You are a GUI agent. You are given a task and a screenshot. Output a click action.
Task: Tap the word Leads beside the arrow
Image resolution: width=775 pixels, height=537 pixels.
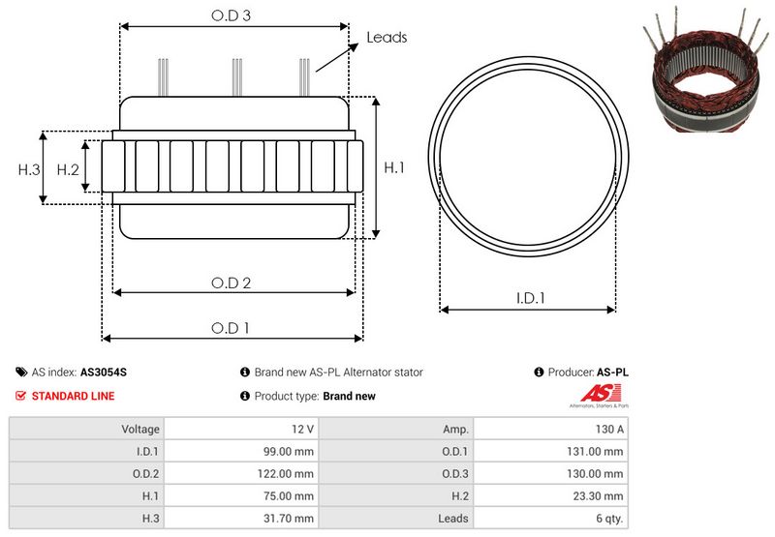387,38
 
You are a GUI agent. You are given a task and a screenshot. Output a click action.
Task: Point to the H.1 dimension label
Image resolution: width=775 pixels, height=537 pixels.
394,168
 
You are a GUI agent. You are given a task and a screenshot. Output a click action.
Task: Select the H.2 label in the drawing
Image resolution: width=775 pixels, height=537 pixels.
68,169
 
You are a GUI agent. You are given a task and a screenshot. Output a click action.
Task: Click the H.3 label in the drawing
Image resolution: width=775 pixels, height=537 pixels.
29,169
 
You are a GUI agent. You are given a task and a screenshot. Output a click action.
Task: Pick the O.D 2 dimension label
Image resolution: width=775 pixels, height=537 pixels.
232,283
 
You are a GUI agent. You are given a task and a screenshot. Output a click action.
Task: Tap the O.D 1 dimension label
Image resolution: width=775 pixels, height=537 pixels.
231,328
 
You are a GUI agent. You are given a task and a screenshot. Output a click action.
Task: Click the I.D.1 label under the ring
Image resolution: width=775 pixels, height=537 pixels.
529,299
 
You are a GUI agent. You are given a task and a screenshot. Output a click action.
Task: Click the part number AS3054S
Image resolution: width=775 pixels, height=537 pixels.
103,372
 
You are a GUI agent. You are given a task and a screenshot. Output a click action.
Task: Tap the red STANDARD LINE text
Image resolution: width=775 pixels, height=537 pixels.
73,396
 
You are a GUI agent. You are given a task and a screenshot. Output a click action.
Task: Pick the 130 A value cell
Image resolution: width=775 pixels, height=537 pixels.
610,429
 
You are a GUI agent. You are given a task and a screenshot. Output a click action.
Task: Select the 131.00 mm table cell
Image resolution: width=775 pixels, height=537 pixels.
600,451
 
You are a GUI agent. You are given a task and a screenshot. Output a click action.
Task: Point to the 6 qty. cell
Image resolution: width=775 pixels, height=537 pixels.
608,519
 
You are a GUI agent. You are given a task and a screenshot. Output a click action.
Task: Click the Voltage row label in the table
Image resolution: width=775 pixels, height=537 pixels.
140,429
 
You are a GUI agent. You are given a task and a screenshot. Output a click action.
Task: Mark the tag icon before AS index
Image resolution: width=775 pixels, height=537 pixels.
21,372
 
